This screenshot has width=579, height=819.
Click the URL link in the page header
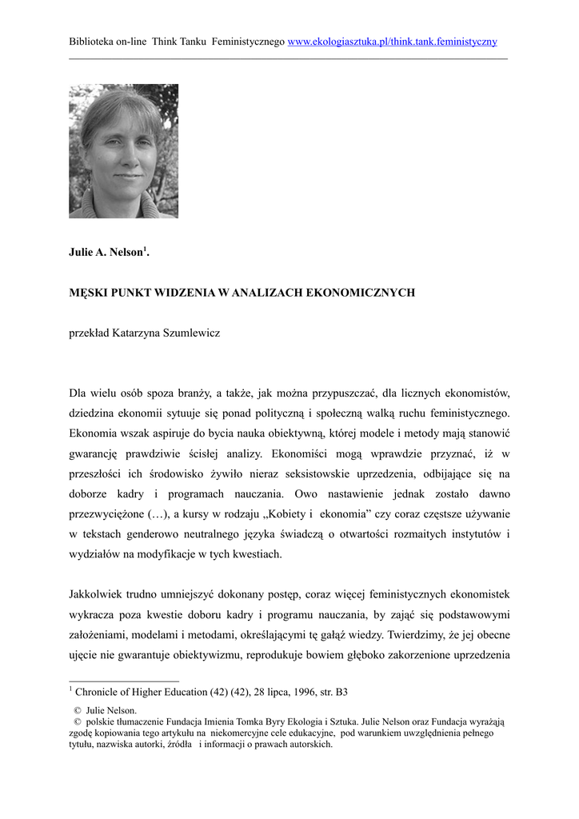(392, 42)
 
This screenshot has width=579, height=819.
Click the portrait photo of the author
(123, 151)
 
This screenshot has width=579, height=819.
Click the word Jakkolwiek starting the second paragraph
(100, 594)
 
